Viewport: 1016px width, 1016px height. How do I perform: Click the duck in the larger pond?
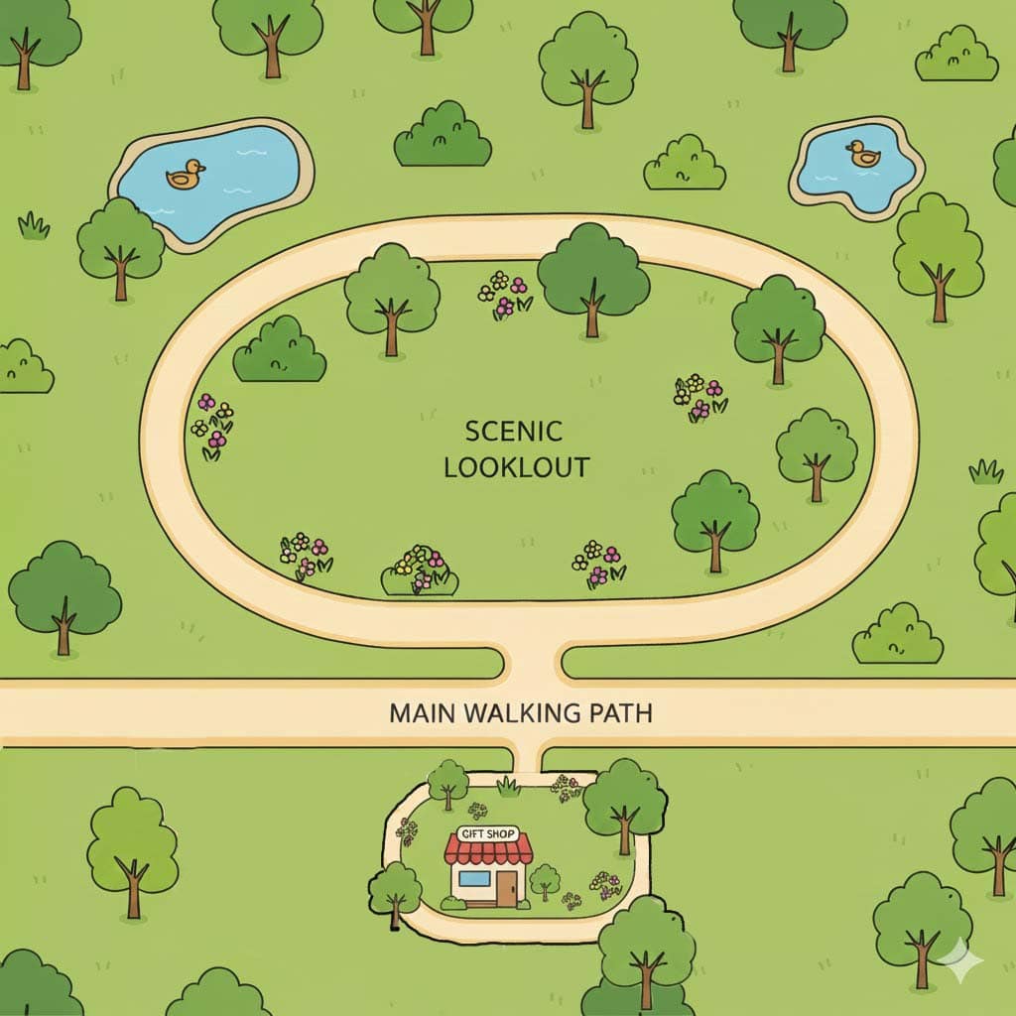click(185, 175)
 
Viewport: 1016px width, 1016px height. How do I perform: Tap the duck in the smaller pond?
click(862, 154)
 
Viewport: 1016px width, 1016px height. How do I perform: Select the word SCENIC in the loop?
click(514, 432)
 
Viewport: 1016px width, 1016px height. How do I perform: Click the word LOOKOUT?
click(516, 467)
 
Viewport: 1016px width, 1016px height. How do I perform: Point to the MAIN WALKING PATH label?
click(521, 713)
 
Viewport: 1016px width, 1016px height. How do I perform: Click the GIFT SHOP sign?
click(487, 834)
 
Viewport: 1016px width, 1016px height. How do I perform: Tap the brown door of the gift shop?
click(507, 887)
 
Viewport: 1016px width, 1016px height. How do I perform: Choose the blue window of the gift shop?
click(473, 879)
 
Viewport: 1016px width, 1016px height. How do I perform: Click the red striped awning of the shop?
click(488, 850)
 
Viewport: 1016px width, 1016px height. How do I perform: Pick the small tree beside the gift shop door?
click(544, 880)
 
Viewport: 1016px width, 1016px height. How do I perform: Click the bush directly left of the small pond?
click(684, 164)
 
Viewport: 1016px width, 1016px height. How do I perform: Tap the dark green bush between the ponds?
click(443, 135)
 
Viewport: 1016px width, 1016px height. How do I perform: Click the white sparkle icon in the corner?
click(960, 960)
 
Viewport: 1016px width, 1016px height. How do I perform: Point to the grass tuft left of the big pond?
click(34, 226)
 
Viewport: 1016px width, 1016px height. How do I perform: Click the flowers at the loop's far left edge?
click(212, 425)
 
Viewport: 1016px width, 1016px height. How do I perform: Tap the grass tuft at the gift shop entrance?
click(509, 787)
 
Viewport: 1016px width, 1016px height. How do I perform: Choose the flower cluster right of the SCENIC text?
click(700, 397)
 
